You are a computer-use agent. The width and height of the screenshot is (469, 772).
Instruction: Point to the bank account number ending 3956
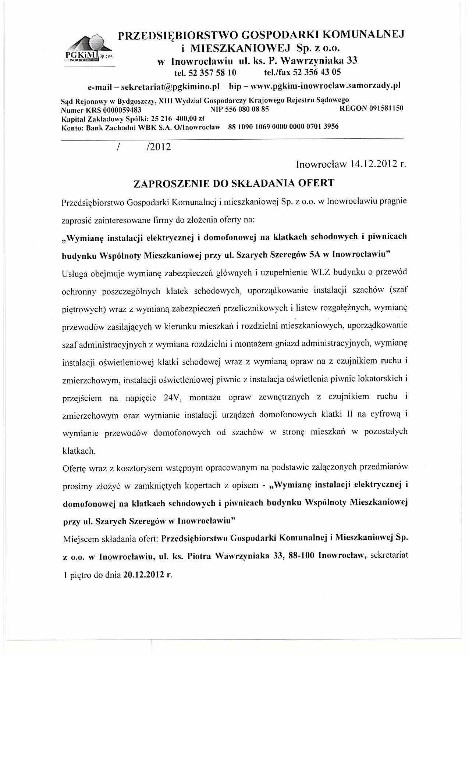click(283, 127)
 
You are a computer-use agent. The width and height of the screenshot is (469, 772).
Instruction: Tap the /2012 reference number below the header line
click(158, 147)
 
